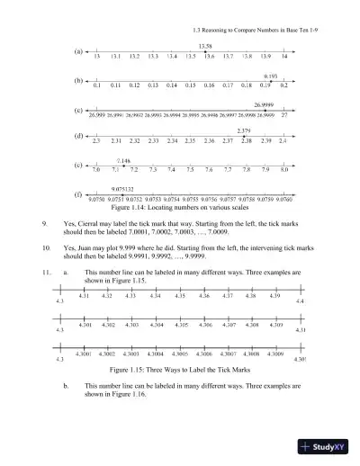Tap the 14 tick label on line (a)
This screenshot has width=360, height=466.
[284, 57]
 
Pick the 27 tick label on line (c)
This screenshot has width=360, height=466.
[284, 116]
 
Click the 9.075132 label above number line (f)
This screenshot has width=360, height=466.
[123, 188]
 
